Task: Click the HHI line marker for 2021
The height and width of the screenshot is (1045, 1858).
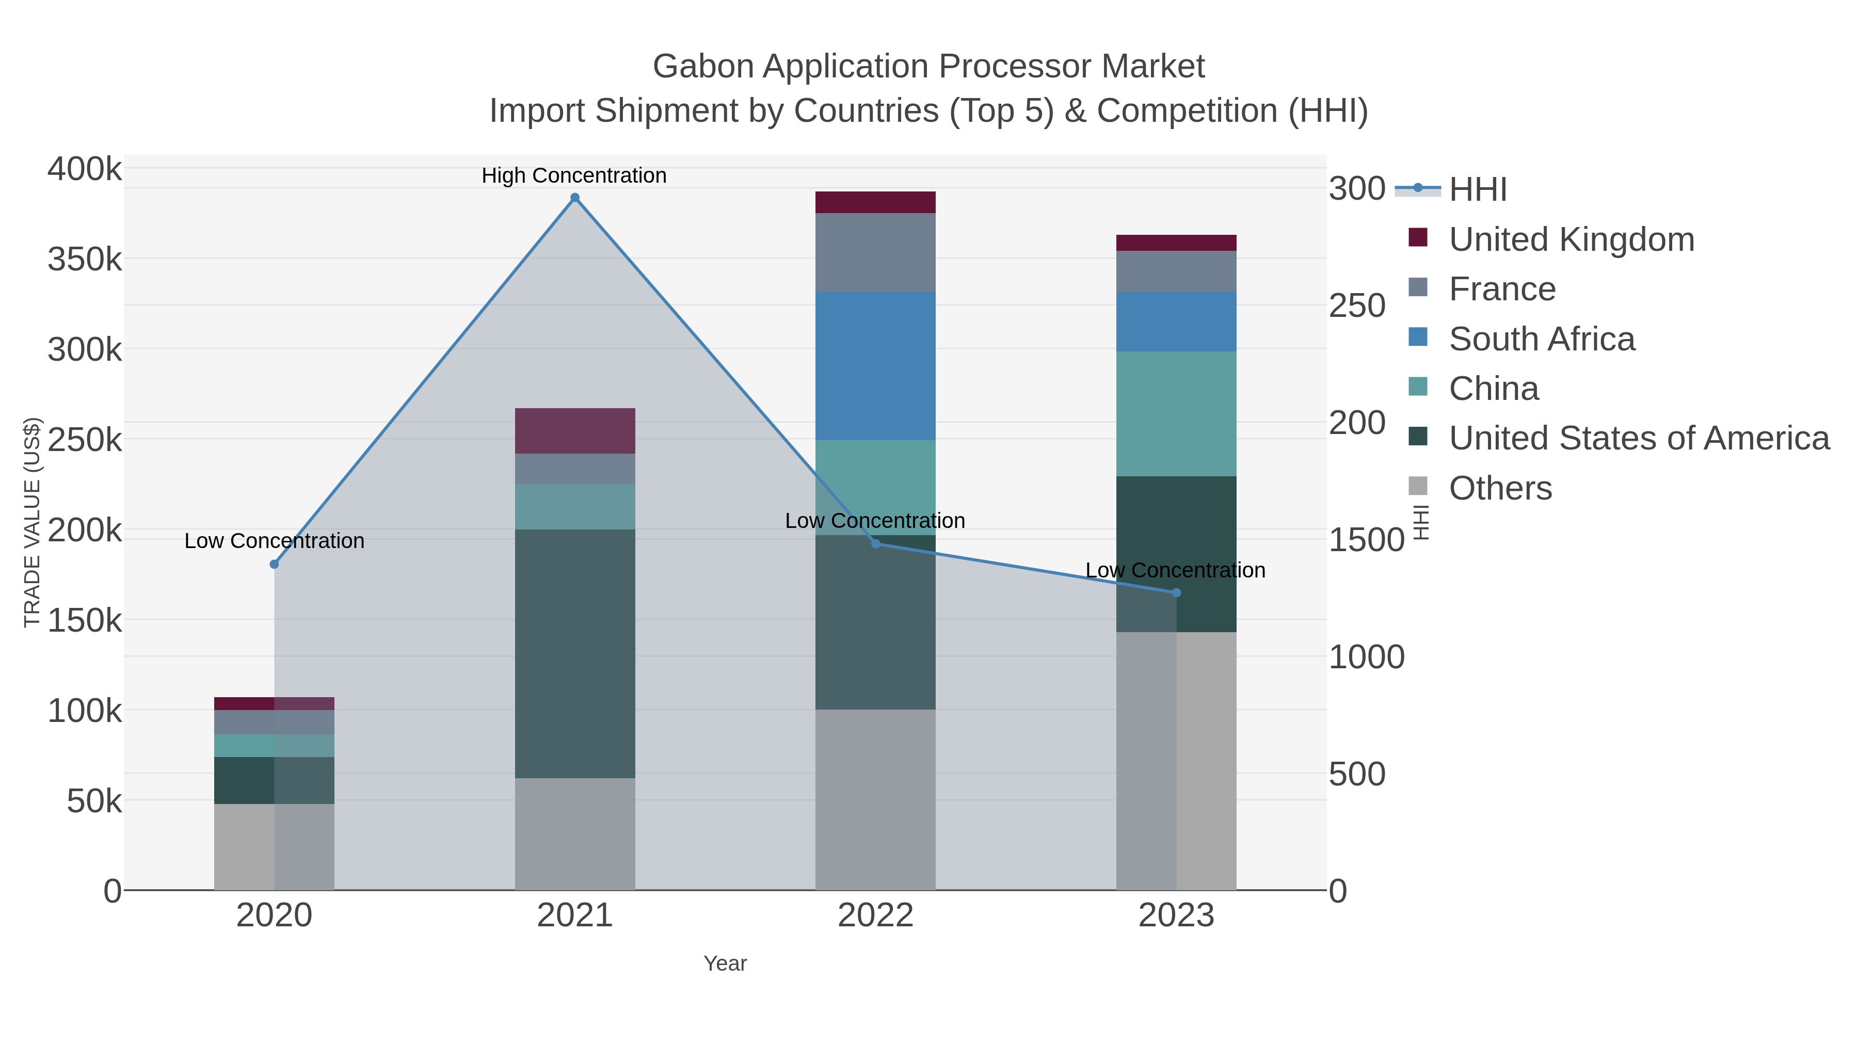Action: (575, 198)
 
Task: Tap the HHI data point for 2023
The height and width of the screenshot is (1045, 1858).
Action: (1176, 593)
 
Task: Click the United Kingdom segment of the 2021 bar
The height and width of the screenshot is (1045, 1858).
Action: (575, 430)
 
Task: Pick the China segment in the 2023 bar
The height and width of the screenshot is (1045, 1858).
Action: (1176, 413)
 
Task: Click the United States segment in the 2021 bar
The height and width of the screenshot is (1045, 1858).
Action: (575, 653)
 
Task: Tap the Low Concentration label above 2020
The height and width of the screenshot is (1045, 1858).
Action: (274, 541)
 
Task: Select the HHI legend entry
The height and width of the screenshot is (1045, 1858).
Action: (1477, 189)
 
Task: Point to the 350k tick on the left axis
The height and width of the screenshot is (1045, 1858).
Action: (85, 260)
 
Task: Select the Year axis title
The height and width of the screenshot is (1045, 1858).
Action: (725, 963)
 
